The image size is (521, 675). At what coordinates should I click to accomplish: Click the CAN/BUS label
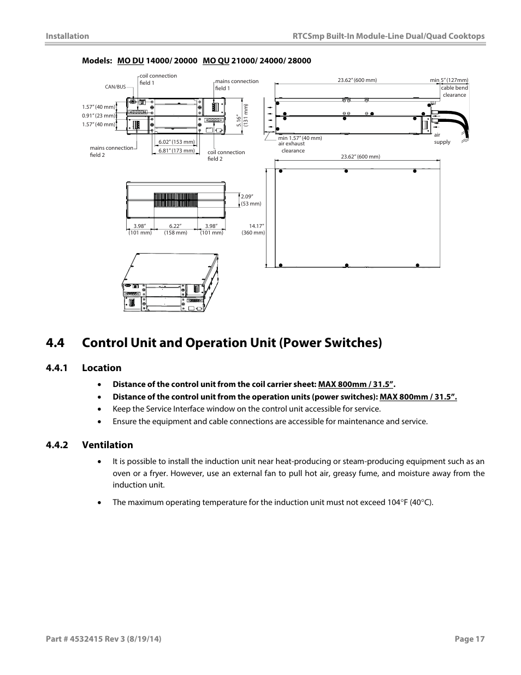pyautogui.click(x=115, y=87)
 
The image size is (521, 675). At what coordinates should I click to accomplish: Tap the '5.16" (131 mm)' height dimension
pyautogui.click(x=242, y=115)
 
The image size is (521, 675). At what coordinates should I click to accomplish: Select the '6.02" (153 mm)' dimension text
pyautogui.click(x=176, y=142)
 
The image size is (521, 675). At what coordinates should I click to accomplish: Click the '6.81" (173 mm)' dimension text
pyautogui.click(x=176, y=151)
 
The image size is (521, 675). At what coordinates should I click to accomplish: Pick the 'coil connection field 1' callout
pyautogui.click(x=158, y=79)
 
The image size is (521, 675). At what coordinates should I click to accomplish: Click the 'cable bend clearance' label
pyautogui.click(x=454, y=91)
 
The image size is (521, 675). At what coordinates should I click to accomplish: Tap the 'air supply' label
pyautogui.click(x=442, y=139)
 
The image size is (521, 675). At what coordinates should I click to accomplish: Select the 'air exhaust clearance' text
pyautogui.click(x=292, y=147)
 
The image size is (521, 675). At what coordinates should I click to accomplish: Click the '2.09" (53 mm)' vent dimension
pyautogui.click(x=251, y=200)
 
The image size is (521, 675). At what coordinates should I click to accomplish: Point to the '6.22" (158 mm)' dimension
pyautogui.click(x=175, y=230)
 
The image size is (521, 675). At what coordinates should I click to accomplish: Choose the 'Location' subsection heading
pyautogui.click(x=102, y=368)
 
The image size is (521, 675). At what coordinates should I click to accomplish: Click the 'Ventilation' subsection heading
pyautogui.click(x=107, y=445)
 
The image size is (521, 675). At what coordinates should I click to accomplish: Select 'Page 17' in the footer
pyautogui.click(x=470, y=639)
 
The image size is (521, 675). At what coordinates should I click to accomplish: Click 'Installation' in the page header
pyautogui.click(x=67, y=36)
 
